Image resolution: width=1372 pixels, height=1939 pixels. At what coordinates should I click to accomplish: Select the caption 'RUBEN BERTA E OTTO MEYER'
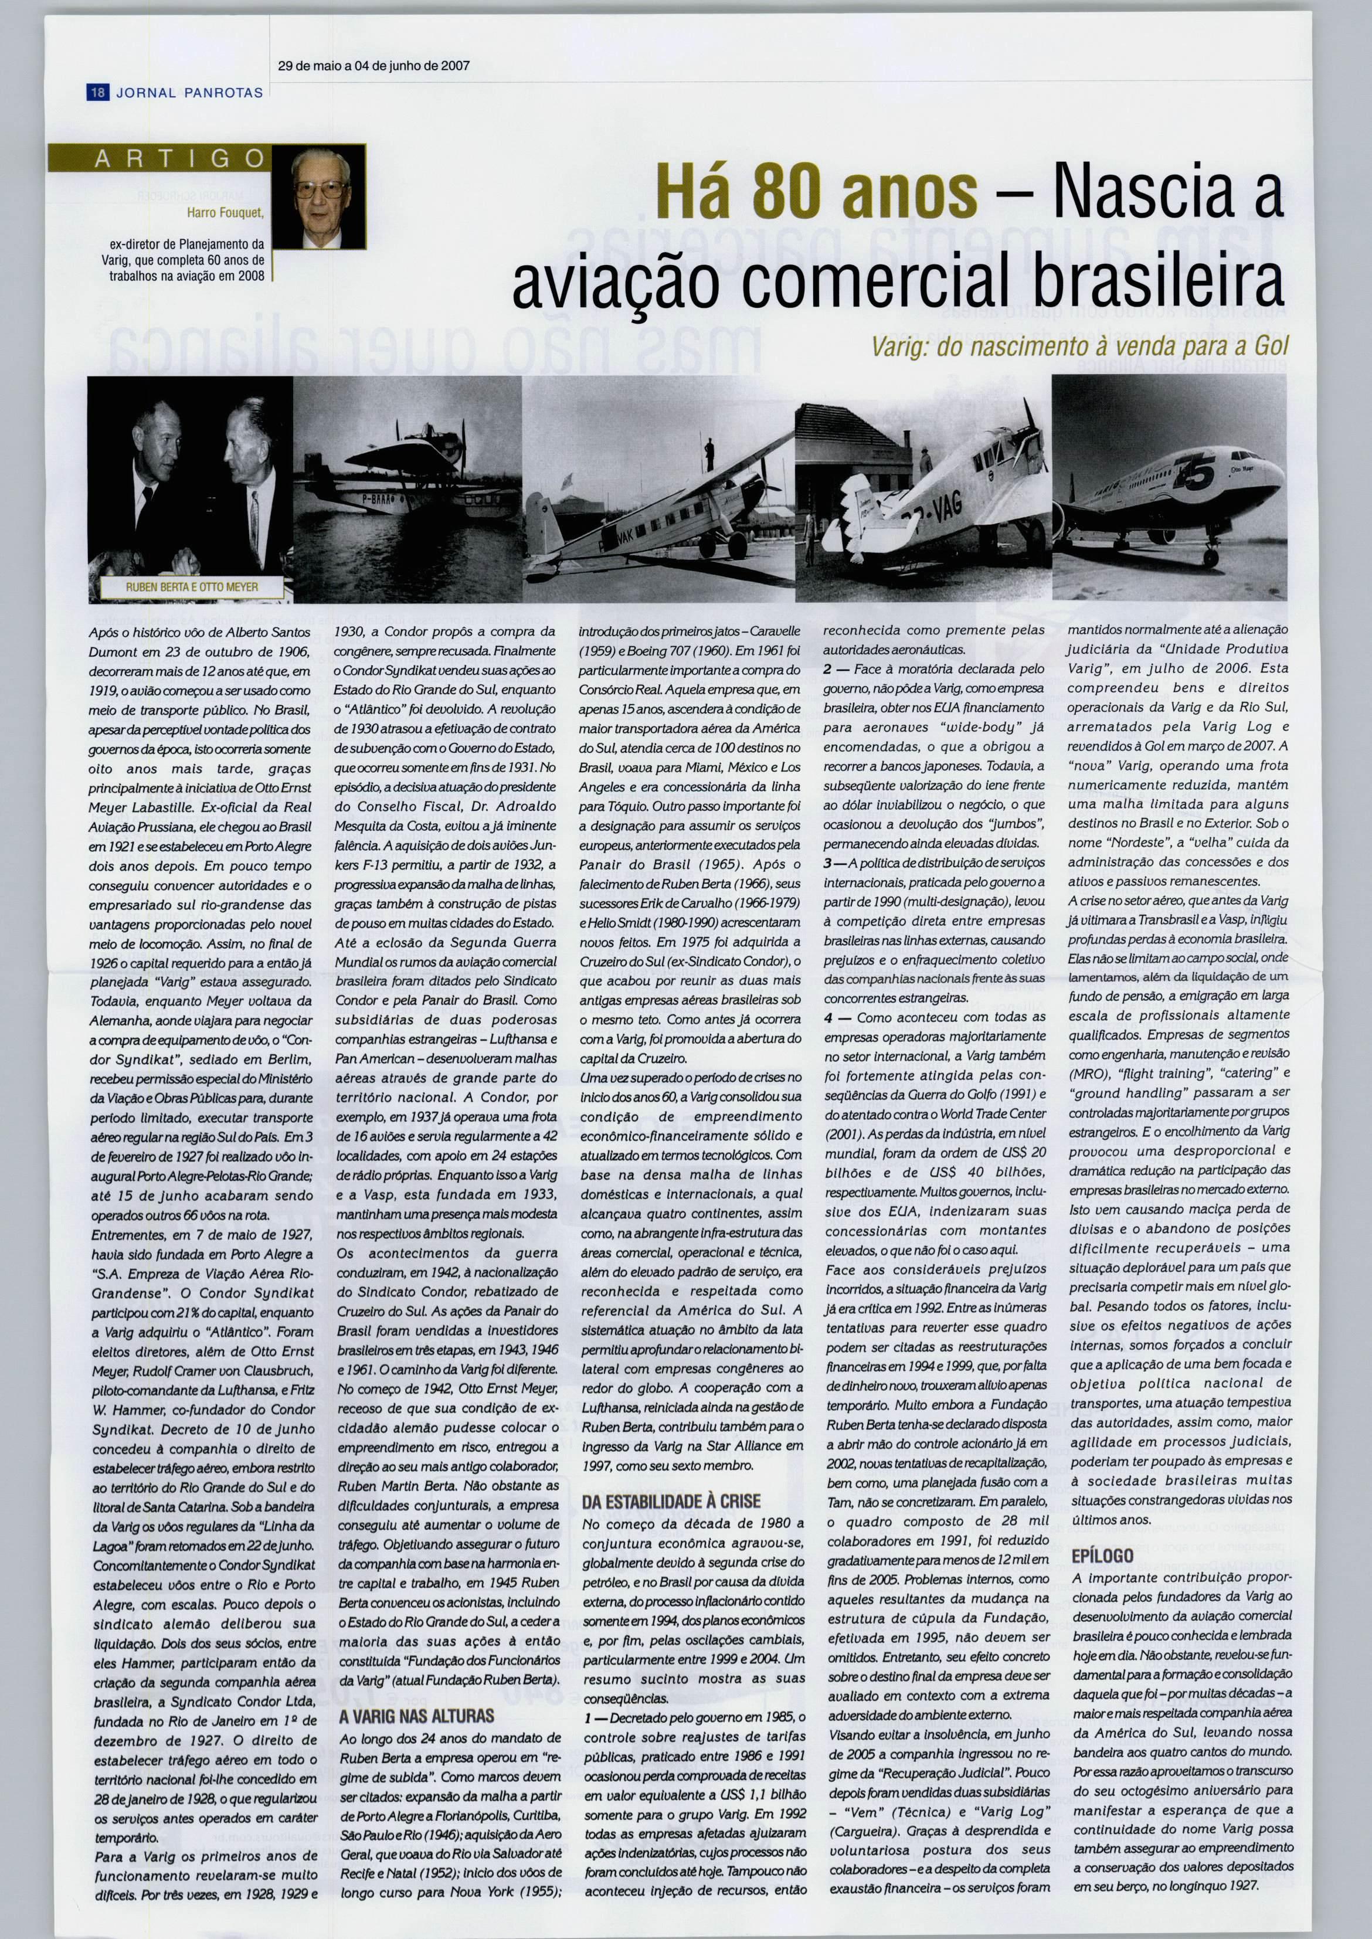tap(192, 586)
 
